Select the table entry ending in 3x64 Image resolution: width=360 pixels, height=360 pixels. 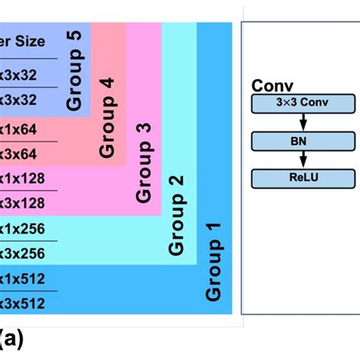point(23,154)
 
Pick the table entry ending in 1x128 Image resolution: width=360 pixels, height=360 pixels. point(23,179)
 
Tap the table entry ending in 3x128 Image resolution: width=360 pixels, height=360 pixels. point(23,204)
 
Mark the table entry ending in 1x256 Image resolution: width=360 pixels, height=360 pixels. point(23,228)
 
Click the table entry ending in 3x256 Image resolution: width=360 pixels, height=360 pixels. point(23,253)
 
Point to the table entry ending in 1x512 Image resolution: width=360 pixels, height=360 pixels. point(23,279)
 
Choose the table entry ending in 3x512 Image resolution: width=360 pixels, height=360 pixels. point(23,304)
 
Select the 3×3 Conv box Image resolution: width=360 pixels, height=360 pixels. point(303,103)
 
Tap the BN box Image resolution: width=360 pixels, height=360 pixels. point(303,141)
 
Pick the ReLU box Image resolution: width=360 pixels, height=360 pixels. point(303,178)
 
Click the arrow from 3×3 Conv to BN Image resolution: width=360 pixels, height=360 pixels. point(303,122)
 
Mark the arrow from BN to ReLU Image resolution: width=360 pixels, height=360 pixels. point(303,159)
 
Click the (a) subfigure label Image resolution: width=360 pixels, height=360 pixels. point(11,338)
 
